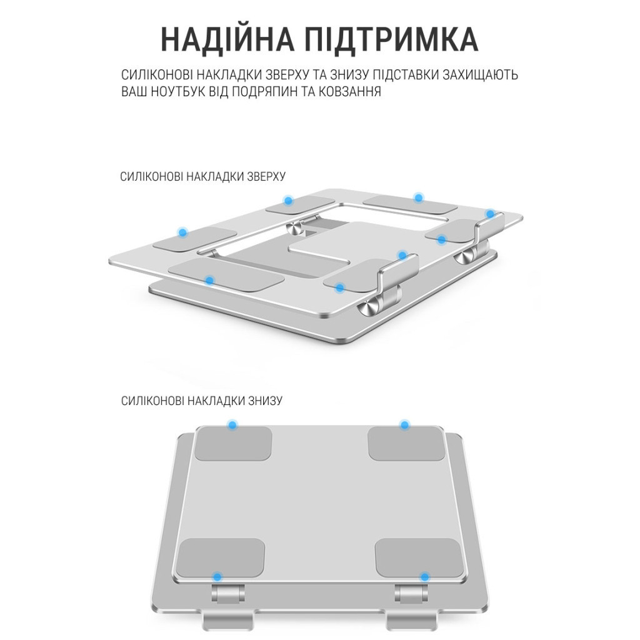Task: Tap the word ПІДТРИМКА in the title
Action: tap(391, 39)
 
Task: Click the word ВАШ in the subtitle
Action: tap(134, 92)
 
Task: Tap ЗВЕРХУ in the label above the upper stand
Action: tap(265, 177)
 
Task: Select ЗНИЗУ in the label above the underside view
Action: tap(265, 401)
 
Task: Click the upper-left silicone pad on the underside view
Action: tap(234, 443)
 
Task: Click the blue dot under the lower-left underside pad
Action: tap(217, 576)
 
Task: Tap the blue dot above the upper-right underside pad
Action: tap(404, 425)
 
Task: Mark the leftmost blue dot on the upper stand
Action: tap(182, 232)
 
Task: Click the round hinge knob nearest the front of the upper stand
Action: tap(367, 307)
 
